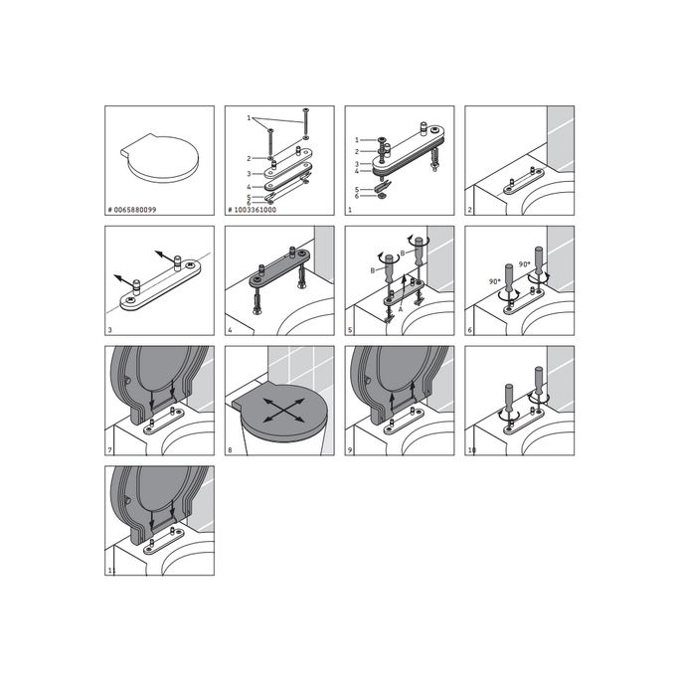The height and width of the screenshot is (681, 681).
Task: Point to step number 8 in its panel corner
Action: click(231, 449)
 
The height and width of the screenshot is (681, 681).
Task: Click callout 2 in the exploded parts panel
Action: click(249, 159)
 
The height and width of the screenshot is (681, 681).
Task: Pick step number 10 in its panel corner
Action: click(472, 449)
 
